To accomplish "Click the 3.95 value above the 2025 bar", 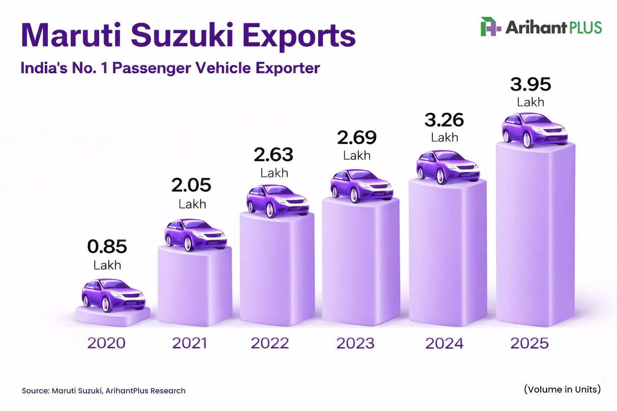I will point(531,85).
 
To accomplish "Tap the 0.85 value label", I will point(107,246).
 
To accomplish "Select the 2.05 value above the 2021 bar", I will point(191,185).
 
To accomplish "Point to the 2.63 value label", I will point(274,155).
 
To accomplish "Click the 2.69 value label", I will point(357,138).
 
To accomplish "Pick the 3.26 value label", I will point(444,120).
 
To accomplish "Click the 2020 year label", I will point(106,343).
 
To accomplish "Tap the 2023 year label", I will point(355,343).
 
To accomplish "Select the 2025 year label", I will point(529,343).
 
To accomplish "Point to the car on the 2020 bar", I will point(113,295).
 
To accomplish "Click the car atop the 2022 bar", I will point(277,201).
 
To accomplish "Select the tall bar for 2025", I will point(535,241).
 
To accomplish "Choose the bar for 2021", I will point(195,289).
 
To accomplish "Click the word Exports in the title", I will point(299,35).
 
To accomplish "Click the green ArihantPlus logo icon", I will point(490,27).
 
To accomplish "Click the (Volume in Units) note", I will point(562,389).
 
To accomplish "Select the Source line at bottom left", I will point(104,391).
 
